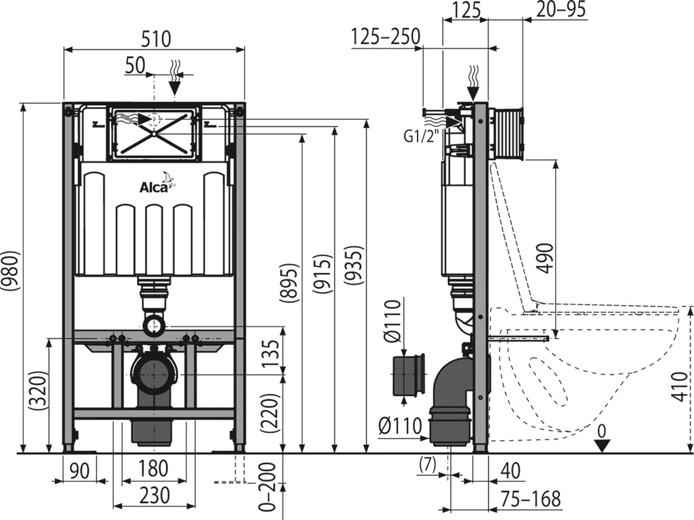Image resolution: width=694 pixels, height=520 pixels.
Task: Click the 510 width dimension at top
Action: click(x=156, y=38)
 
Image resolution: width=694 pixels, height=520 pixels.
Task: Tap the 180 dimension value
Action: click(x=152, y=468)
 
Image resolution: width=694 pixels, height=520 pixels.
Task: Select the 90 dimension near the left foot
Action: click(x=79, y=468)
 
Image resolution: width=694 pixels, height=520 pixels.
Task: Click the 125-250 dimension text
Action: click(x=386, y=37)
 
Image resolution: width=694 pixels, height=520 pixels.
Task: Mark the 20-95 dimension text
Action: click(x=560, y=9)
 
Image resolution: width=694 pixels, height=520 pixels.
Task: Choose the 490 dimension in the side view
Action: click(x=546, y=255)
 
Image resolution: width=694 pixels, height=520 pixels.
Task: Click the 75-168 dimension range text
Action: click(x=531, y=498)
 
